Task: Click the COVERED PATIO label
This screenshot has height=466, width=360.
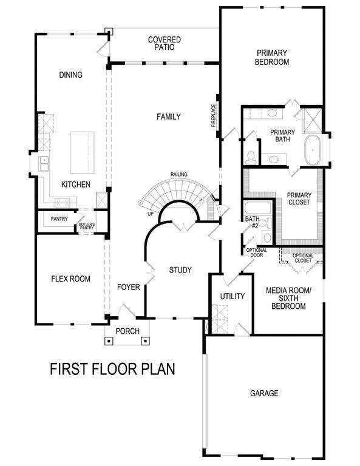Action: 165,44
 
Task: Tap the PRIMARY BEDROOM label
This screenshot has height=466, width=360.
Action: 271,57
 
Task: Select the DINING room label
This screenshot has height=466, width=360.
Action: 70,75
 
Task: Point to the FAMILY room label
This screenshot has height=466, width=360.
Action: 168,116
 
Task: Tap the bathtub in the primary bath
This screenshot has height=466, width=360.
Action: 313,148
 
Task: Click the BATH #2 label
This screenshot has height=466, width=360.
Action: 252,223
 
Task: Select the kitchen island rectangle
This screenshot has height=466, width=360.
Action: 82,152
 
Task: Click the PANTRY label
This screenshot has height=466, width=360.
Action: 59,219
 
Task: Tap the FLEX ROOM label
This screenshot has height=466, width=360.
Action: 70,279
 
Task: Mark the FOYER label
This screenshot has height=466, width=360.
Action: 129,286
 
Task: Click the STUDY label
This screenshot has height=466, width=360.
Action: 180,269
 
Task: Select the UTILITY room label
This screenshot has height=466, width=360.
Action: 232,297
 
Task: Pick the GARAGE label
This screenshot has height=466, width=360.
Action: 264,393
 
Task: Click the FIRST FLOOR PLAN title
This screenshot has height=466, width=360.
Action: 112,368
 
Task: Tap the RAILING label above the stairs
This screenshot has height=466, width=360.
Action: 178,175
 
